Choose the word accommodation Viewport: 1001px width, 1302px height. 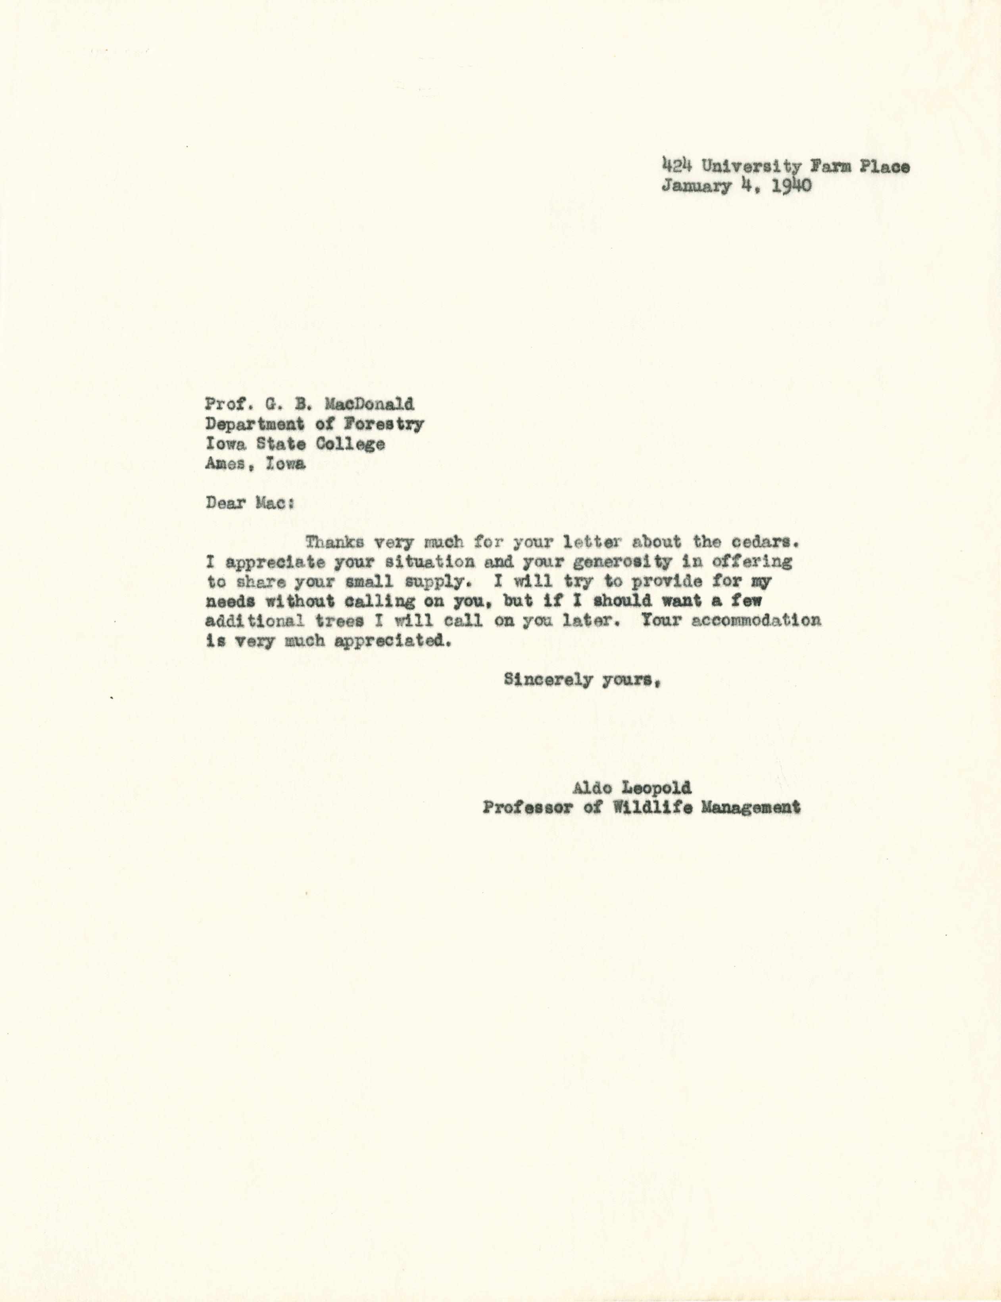(x=756, y=620)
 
